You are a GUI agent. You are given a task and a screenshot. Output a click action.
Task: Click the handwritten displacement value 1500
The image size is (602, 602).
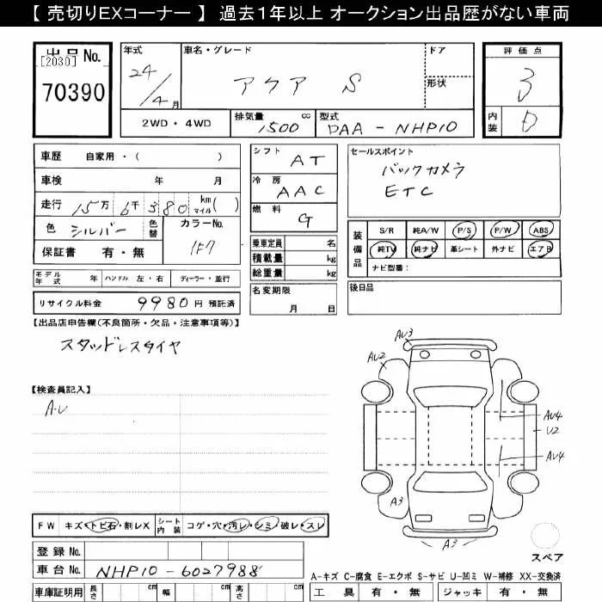pos(279,127)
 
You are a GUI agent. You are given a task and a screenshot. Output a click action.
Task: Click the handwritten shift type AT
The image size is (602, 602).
pos(308,160)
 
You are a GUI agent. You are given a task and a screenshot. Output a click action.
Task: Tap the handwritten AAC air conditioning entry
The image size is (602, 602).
pos(301,191)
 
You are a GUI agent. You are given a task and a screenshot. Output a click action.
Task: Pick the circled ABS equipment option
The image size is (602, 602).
pos(540,230)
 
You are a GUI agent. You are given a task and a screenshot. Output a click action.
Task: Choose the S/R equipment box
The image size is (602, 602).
pos(386,230)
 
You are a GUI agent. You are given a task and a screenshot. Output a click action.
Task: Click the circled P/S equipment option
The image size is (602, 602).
pos(464,230)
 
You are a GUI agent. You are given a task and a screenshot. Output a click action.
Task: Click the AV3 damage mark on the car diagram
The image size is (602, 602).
pos(405,334)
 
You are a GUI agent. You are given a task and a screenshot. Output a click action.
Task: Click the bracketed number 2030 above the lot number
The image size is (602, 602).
pos(58,61)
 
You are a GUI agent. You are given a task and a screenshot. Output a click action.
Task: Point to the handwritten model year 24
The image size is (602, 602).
pos(138,72)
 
